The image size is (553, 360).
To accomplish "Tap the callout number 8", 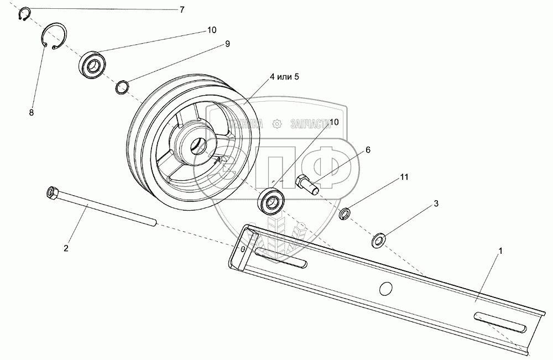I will (31, 112).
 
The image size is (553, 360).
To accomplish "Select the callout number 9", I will (227, 44).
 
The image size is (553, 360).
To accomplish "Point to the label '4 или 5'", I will (284, 76).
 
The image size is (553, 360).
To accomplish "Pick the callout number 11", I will (404, 177).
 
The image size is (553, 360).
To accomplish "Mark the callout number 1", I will (500, 251).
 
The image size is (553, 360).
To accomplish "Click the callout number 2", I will (66, 248).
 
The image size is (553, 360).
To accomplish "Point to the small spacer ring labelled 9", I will (123, 87).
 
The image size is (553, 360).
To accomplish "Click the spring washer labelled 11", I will (345, 213).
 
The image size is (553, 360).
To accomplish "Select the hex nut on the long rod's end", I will (53, 192).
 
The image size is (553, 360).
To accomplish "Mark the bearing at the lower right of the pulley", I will (271, 201).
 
